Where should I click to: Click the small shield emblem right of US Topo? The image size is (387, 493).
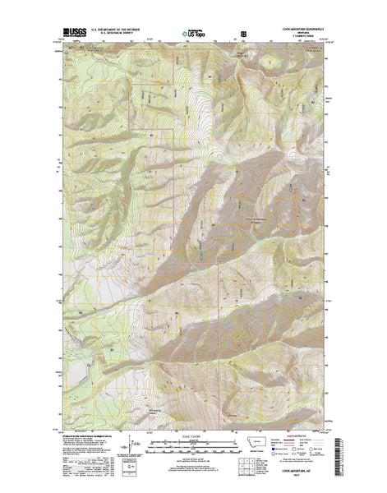click(242, 35)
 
